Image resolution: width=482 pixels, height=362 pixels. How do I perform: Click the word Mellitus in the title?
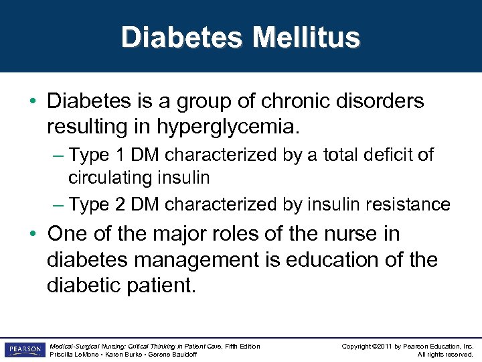click(306, 38)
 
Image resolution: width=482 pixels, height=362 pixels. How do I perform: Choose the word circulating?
click(110, 178)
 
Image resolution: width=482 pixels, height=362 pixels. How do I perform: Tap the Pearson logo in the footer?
click(25, 349)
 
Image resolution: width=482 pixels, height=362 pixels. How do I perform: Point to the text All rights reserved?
click(445, 355)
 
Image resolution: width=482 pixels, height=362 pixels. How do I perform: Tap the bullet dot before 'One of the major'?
click(33, 235)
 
